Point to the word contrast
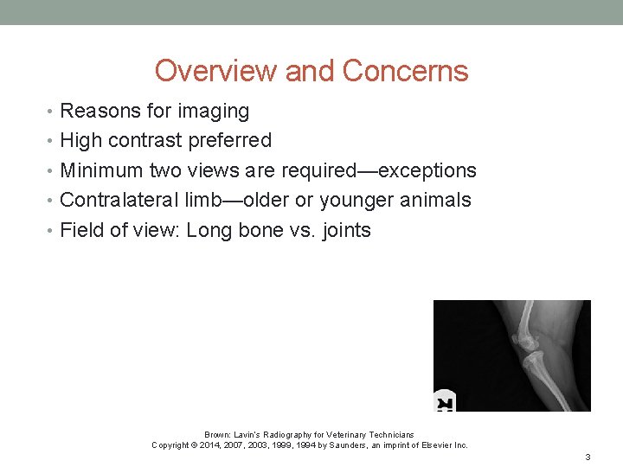point(145,140)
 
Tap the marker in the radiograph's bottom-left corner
point(445,403)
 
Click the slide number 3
point(588,457)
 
